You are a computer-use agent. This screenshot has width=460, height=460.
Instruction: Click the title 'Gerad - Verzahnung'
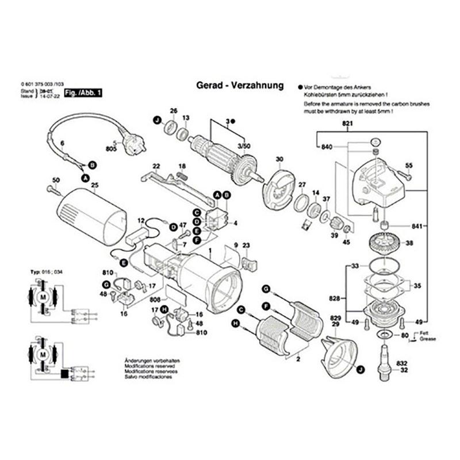(236, 86)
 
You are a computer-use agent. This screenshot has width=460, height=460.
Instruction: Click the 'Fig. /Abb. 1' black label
(80, 93)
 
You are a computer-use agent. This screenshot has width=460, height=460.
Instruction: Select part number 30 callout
(279, 159)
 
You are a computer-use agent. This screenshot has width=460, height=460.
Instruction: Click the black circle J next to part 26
(156, 120)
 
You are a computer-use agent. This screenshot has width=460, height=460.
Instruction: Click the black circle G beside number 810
(106, 285)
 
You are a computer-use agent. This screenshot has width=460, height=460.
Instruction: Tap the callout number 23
(247, 246)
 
